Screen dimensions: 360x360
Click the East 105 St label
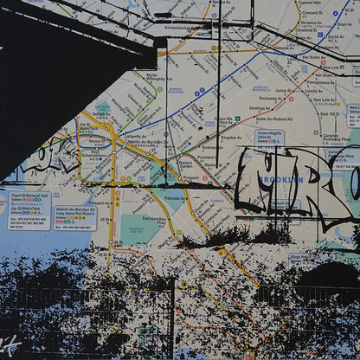(329, 113)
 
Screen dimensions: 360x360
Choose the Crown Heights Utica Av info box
(269, 138)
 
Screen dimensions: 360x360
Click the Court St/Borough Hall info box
(29, 209)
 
